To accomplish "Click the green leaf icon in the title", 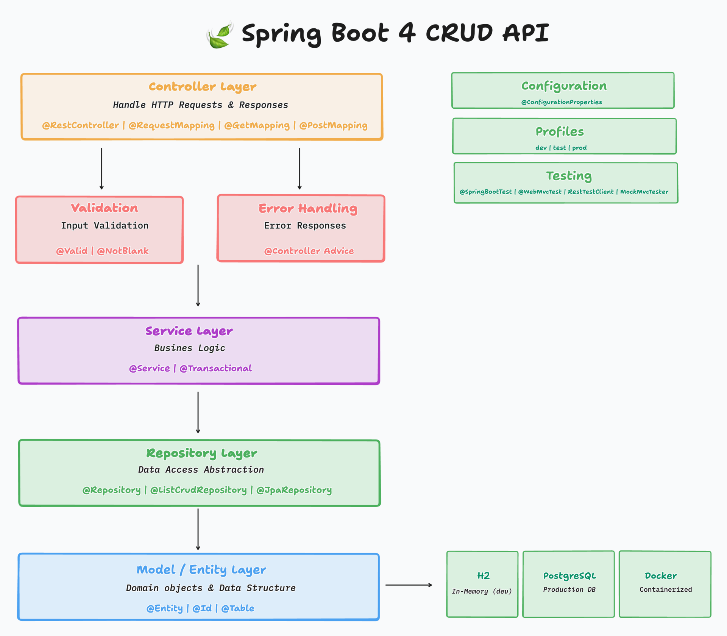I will click(x=220, y=35).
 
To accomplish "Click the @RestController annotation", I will click(x=80, y=125).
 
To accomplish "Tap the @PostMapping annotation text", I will click(x=333, y=125).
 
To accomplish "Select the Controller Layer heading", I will click(x=202, y=87).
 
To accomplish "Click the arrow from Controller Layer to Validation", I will click(x=101, y=168).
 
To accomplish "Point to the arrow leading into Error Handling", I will click(x=300, y=168).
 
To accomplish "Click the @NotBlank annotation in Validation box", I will click(x=123, y=251).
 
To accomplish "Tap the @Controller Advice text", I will click(x=309, y=251).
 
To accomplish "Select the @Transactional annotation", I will click(x=215, y=368).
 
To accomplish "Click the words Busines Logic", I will click(x=189, y=348).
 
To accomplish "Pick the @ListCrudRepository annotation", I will click(x=198, y=490).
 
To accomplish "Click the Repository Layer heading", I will click(x=201, y=453).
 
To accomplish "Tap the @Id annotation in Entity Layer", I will click(x=202, y=608).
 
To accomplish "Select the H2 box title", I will click(x=483, y=576).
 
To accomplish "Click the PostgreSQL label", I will click(x=569, y=576).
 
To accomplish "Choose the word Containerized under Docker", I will click(x=665, y=589).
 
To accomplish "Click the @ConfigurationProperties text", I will click(x=561, y=102).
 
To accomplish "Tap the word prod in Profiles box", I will click(x=579, y=148).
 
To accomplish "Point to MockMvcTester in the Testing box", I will click(x=644, y=192).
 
